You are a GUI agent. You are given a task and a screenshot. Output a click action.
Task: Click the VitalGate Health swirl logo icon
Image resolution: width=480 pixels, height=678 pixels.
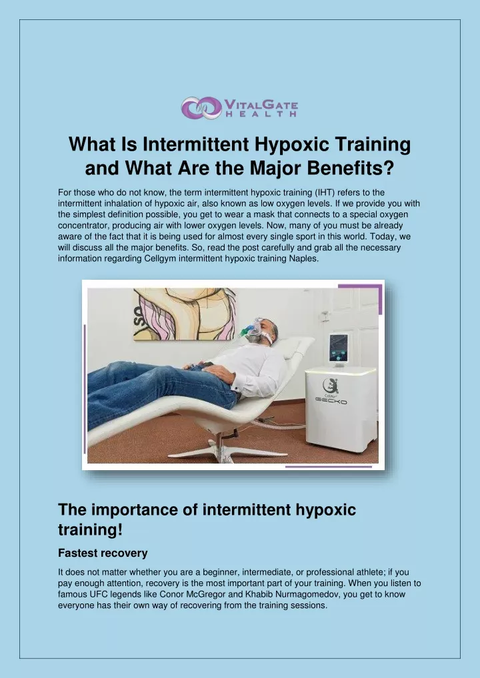201,108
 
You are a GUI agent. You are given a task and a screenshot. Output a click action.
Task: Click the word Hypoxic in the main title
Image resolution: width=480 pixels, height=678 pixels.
292,145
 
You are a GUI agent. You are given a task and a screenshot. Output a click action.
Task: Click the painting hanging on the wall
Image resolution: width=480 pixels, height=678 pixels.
185,314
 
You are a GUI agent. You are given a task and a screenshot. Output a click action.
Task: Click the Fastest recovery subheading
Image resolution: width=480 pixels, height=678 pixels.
103,553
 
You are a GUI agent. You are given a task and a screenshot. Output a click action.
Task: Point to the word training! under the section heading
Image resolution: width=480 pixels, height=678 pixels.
91,530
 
